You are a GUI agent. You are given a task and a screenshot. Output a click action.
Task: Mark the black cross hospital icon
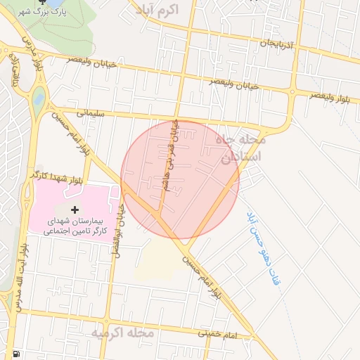pos(75,210)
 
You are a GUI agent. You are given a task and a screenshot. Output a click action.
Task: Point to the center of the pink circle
pos(180,180)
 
